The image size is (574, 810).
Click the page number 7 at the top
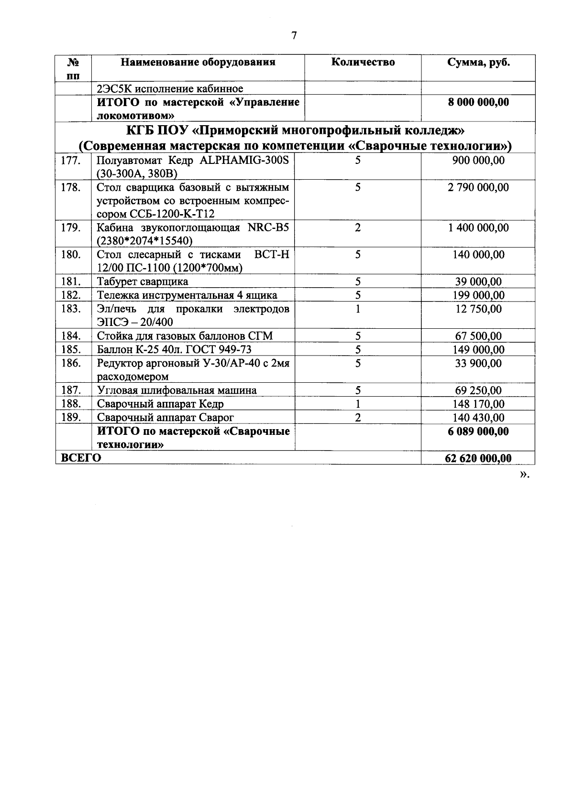(x=294, y=36)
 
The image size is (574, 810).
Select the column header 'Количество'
(x=363, y=63)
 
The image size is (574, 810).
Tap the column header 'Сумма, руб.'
(x=478, y=63)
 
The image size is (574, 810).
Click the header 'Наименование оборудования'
(x=198, y=63)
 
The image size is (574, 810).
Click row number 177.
(x=71, y=161)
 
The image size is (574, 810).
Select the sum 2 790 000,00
(x=478, y=187)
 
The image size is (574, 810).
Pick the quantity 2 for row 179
(x=358, y=228)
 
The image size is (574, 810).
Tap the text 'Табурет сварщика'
(x=143, y=282)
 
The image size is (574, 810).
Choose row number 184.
(x=71, y=336)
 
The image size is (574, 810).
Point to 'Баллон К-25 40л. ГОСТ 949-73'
(x=175, y=350)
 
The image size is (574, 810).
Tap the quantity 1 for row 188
(x=358, y=404)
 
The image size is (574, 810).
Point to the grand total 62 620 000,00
(x=478, y=459)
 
